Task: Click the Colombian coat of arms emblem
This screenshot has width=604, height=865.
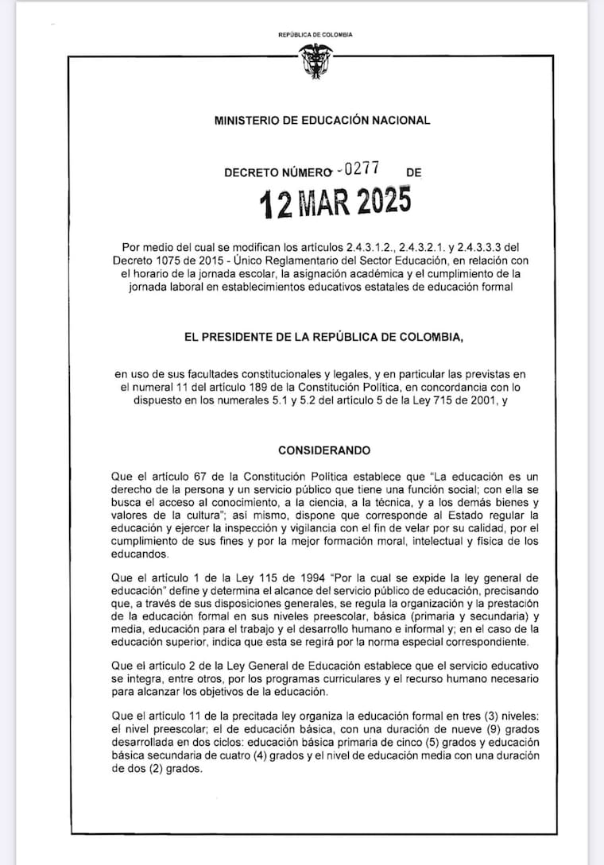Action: (x=316, y=61)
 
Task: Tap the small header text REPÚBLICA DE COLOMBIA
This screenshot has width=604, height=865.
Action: (x=316, y=35)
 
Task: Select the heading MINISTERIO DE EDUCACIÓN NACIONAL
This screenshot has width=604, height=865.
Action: (x=323, y=121)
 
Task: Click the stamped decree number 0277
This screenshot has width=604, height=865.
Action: (x=362, y=168)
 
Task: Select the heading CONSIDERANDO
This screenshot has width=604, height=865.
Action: (x=324, y=450)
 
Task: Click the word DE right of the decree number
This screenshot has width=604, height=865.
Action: (x=413, y=172)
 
